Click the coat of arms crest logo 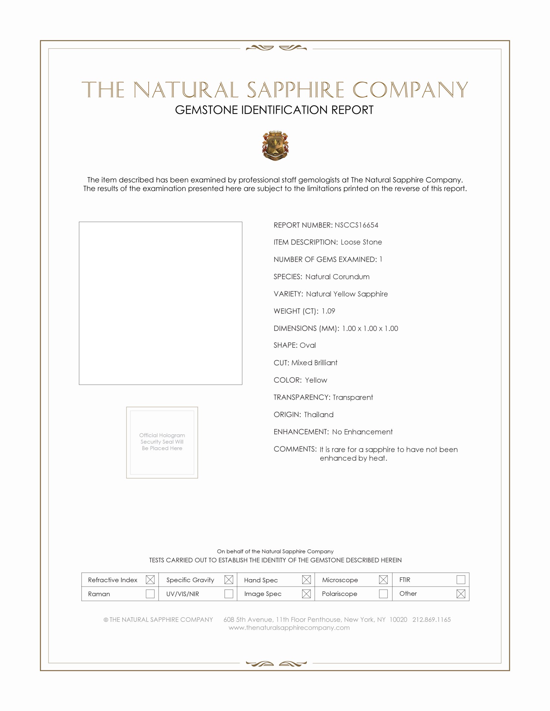point(275,146)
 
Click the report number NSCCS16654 point(357,225)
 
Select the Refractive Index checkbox point(150,579)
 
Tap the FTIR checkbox point(461,579)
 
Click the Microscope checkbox point(383,579)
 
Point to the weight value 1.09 point(328,311)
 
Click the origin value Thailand point(319,414)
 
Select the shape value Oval point(308,345)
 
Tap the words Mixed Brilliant point(314,363)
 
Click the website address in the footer point(289,628)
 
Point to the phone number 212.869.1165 point(431,620)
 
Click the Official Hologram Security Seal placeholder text point(162,442)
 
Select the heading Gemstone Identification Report point(274,110)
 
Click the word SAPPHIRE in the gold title point(295,90)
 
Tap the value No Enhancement point(362,432)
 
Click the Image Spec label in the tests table point(263,594)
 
